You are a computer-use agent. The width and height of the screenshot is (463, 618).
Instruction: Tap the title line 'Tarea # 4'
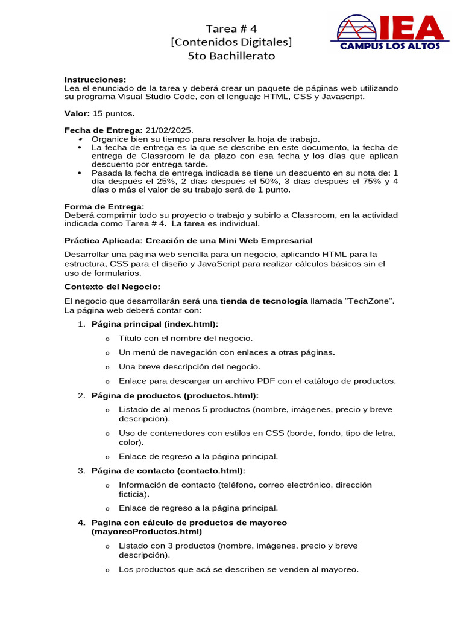(231, 28)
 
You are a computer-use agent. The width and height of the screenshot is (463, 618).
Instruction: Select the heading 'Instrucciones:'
(95, 80)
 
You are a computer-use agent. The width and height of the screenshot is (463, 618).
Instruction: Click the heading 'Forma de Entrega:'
(104, 206)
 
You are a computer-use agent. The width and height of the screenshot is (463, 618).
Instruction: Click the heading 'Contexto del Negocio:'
(113, 286)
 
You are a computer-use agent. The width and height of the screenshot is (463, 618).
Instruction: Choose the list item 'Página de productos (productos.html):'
(174, 395)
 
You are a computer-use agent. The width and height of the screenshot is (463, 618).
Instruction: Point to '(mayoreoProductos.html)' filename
(146, 532)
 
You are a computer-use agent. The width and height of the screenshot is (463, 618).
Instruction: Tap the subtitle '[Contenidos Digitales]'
(231, 42)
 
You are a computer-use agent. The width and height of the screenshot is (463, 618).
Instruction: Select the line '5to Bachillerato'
(231, 56)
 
